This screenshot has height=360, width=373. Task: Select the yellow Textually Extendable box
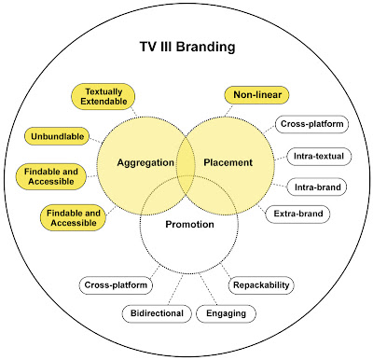[103, 95]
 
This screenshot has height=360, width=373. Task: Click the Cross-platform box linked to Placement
[314, 124]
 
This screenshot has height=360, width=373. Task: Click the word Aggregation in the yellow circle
[145, 162]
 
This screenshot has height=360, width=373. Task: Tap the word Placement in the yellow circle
[227, 162]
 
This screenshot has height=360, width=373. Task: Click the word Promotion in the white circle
[186, 225]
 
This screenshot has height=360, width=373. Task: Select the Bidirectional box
[156, 313]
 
